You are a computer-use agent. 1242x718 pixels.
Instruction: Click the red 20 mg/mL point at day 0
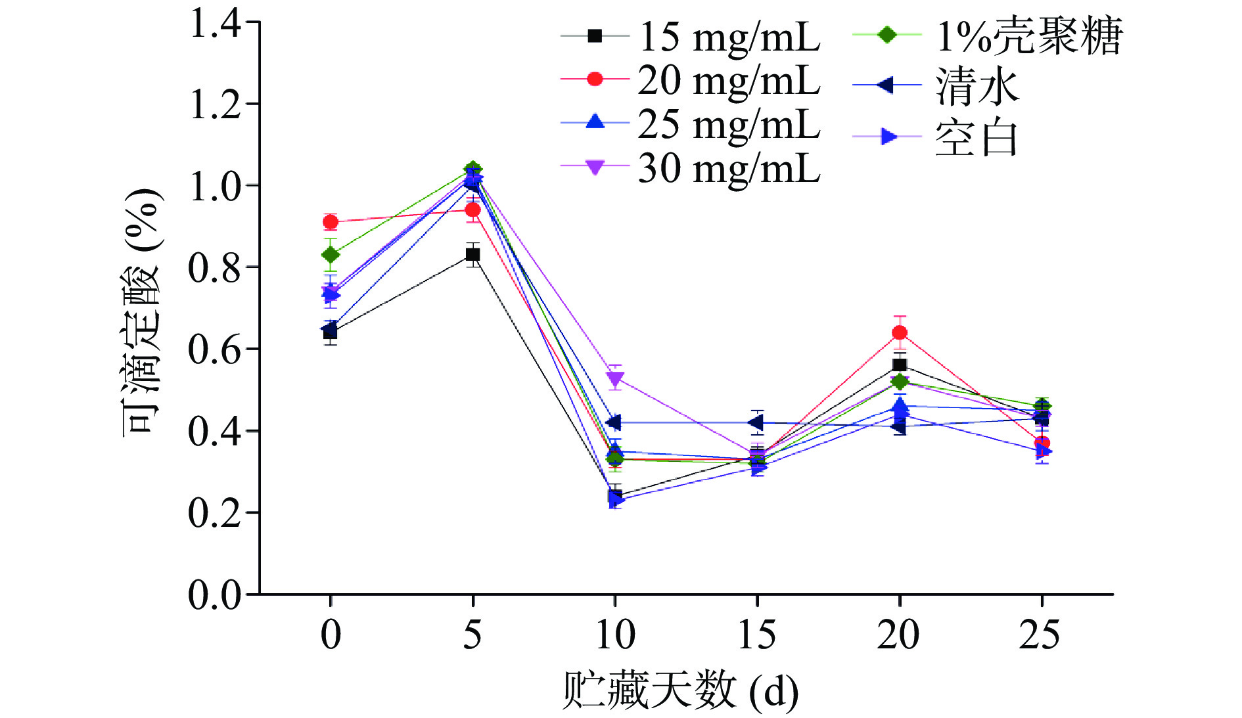(331, 222)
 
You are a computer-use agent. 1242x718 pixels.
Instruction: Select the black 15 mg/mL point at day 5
(472, 255)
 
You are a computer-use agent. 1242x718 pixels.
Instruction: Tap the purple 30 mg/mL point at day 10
(615, 378)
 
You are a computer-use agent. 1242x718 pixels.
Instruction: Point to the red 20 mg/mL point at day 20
(900, 332)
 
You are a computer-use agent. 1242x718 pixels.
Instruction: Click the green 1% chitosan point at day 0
(331, 254)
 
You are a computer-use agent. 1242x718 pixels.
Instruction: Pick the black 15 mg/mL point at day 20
(900, 365)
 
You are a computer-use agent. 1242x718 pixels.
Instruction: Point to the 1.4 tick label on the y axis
(215, 24)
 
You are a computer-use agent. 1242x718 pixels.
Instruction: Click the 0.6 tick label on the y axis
(215, 349)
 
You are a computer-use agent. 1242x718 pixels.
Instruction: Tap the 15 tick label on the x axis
(757, 635)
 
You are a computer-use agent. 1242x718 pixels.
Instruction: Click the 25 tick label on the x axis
(1040, 635)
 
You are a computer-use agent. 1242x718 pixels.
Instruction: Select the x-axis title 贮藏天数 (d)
(680, 690)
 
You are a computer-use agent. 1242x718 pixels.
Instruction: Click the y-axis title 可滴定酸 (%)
(141, 312)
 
